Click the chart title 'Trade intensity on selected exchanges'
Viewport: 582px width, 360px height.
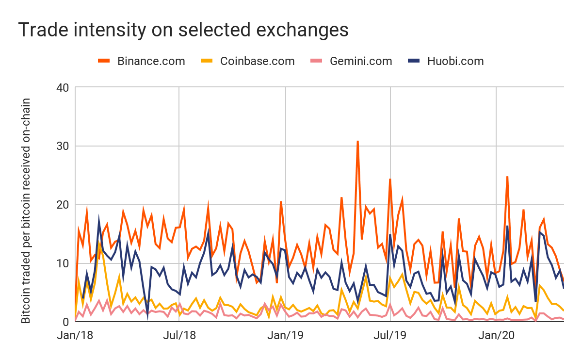[x=183, y=30]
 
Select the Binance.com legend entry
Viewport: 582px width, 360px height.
[x=151, y=61]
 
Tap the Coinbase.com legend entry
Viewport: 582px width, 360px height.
[x=257, y=61]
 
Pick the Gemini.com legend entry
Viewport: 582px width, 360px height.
[x=361, y=61]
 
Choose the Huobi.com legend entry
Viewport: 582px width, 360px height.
[x=455, y=61]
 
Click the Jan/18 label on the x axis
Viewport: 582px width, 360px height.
[x=76, y=335]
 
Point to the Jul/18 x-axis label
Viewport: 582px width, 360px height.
[x=179, y=335]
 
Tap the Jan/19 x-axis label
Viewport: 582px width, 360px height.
[x=286, y=335]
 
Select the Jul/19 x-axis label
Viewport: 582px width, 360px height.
[x=390, y=335]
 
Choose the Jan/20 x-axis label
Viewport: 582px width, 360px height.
[x=496, y=335]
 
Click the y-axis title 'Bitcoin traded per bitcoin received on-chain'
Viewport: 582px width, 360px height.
[x=26, y=211]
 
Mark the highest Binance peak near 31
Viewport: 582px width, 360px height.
[x=357, y=141]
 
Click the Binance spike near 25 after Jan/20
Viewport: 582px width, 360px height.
[x=507, y=177]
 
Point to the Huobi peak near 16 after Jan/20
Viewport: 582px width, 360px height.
[x=507, y=226]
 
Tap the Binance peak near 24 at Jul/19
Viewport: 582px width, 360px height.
[x=390, y=180]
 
